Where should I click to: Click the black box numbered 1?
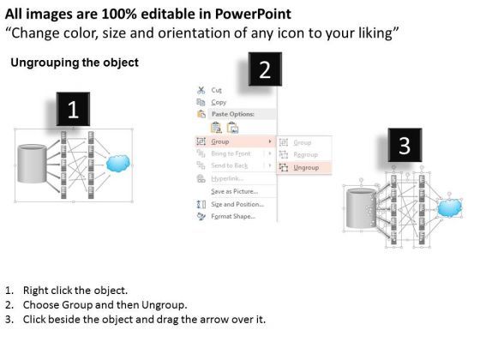pyautogui.click(x=74, y=110)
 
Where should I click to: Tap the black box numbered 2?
pyautogui.click(x=265, y=70)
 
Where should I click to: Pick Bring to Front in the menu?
pyautogui.click(x=231, y=153)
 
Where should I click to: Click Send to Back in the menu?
pyautogui.click(x=230, y=165)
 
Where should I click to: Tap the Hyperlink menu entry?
pyautogui.click(x=226, y=178)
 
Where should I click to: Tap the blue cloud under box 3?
pyautogui.click(x=448, y=207)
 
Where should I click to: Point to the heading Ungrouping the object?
pyautogui.click(x=74, y=63)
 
